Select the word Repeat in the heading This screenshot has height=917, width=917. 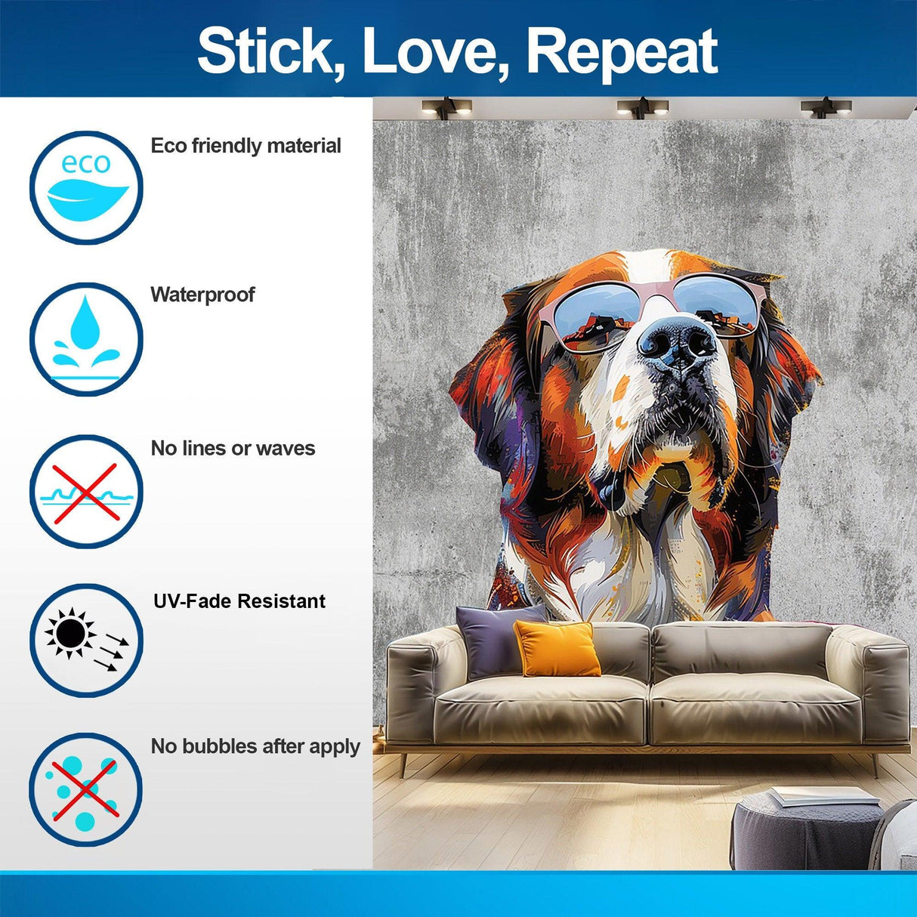point(621,51)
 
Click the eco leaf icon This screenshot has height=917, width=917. point(86,187)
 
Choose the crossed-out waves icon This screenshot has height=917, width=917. point(86,492)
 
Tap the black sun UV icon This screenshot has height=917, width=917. point(86,640)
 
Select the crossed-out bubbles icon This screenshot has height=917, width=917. point(86,789)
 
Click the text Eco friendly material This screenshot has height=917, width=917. point(245,146)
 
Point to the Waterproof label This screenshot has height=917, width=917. point(202,295)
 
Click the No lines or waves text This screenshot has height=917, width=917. point(233,449)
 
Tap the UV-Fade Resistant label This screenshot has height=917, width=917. point(239,601)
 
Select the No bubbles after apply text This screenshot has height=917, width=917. point(255,747)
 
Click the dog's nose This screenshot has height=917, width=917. point(678,341)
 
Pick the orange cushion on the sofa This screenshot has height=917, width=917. point(557,648)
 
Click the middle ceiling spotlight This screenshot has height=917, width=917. point(642,107)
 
